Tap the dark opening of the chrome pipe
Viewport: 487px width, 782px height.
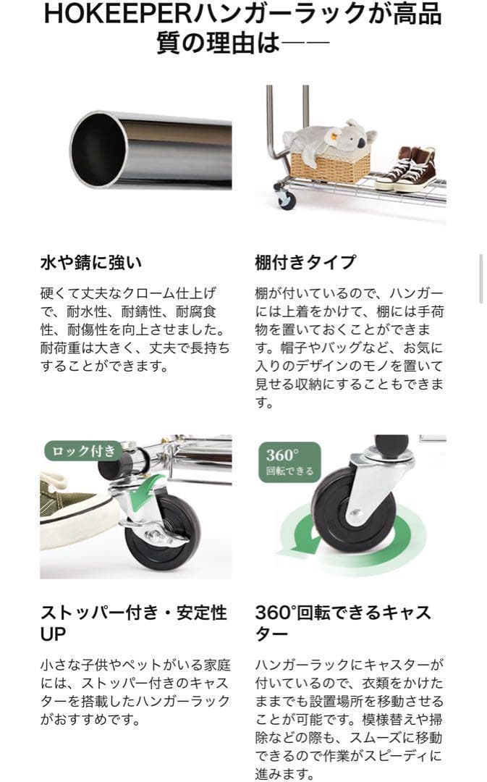click(x=98, y=150)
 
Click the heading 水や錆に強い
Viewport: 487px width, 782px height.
click(x=90, y=262)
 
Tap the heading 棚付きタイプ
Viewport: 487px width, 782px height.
click(x=305, y=262)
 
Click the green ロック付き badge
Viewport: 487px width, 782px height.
click(x=82, y=451)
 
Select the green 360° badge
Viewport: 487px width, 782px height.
click(x=289, y=462)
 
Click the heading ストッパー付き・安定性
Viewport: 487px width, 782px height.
click(x=133, y=613)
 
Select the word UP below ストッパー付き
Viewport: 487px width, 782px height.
click(x=53, y=634)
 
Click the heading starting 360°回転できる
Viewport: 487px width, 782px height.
click(x=342, y=613)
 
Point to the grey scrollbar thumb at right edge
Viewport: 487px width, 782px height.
click(x=482, y=278)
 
